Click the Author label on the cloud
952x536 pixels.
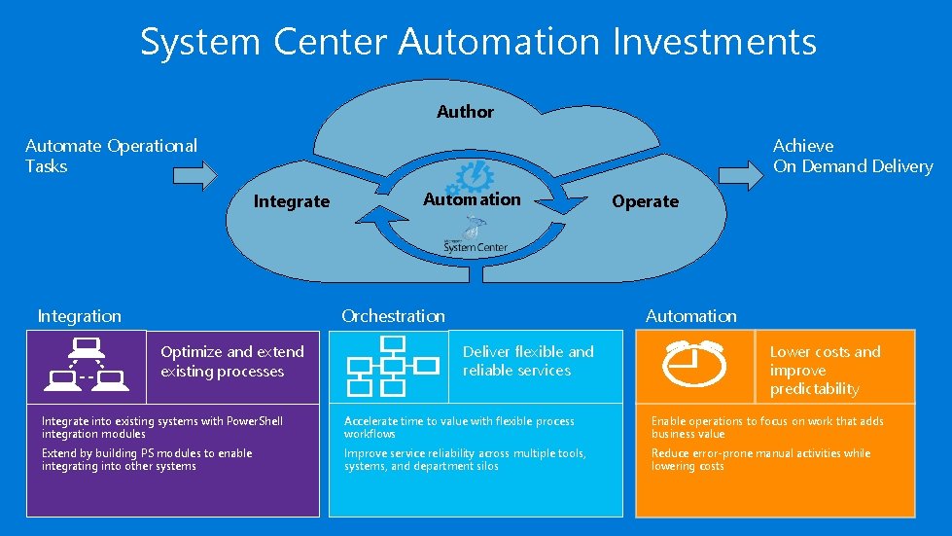(465, 112)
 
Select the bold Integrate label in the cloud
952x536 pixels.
(291, 201)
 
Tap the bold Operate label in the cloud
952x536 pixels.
(645, 201)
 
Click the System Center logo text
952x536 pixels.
(476, 247)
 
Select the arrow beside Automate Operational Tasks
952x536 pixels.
(194, 175)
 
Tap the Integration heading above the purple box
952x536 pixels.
(79, 315)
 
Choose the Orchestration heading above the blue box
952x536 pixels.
(393, 315)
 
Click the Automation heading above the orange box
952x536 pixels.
(690, 315)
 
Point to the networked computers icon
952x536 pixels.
(86, 364)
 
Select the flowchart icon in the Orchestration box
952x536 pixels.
(389, 366)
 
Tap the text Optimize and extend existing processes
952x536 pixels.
(232, 361)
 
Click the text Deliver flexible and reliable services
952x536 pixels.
(528, 361)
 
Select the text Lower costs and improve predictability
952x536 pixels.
(825, 370)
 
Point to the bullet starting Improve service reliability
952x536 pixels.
(465, 459)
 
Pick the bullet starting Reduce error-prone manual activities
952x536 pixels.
(760, 459)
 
